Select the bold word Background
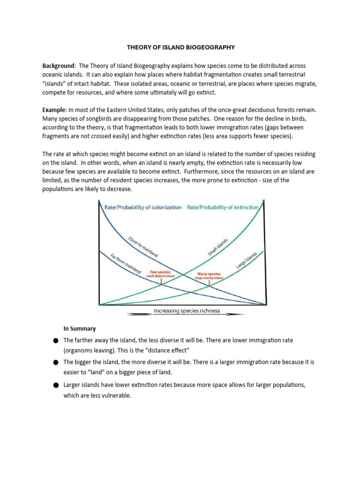58,66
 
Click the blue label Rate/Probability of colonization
143,207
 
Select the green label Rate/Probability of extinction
223,207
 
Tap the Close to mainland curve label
143,247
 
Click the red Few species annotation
160,272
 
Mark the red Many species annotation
209,273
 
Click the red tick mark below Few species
162,283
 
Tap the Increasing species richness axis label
187,311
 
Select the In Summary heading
79,328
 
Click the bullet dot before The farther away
55,340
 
